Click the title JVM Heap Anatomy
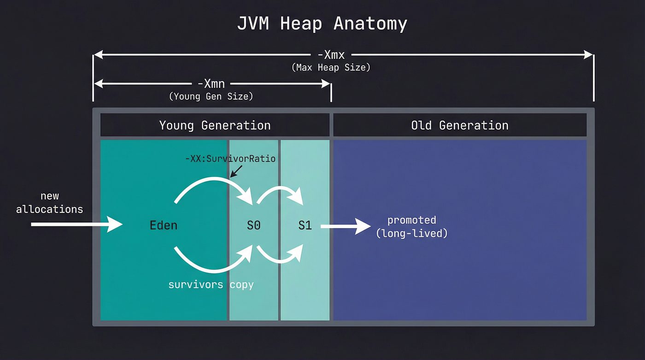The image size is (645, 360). point(322,23)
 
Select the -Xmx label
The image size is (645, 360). point(331,55)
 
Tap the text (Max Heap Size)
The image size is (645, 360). point(331,67)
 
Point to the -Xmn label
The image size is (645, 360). point(211,84)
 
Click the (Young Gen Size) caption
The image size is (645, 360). point(211,96)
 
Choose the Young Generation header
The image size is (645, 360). point(215,125)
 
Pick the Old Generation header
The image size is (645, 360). point(460,125)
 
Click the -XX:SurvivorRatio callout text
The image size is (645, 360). point(230,159)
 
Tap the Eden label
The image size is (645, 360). point(164,225)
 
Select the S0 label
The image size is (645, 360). point(254,225)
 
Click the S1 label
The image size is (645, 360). point(305,225)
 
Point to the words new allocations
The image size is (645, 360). point(50,202)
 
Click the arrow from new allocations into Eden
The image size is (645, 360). point(76,225)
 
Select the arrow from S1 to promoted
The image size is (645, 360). point(346,226)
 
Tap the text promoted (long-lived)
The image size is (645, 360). point(412,226)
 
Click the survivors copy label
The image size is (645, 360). point(211,284)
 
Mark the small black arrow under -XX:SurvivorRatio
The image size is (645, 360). point(236,172)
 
